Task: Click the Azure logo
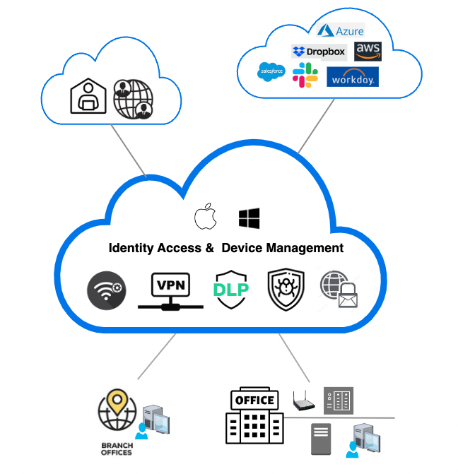click(x=341, y=30)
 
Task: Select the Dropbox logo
click(x=319, y=52)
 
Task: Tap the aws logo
click(x=369, y=51)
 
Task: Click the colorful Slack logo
click(x=306, y=75)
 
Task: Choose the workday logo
click(x=353, y=76)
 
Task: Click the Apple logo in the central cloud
click(x=205, y=217)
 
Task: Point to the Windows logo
click(x=249, y=218)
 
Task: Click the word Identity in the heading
click(x=131, y=248)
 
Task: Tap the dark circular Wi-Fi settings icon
click(x=107, y=291)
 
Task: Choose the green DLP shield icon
click(x=230, y=290)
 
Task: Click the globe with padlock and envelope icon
click(x=338, y=290)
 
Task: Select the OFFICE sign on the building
click(x=254, y=400)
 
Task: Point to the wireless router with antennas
click(x=304, y=403)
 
